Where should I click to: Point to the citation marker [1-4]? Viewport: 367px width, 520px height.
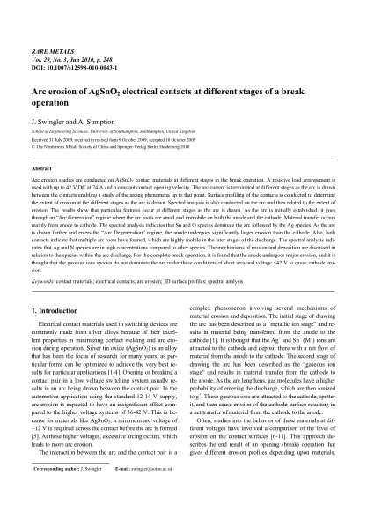[120, 360]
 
